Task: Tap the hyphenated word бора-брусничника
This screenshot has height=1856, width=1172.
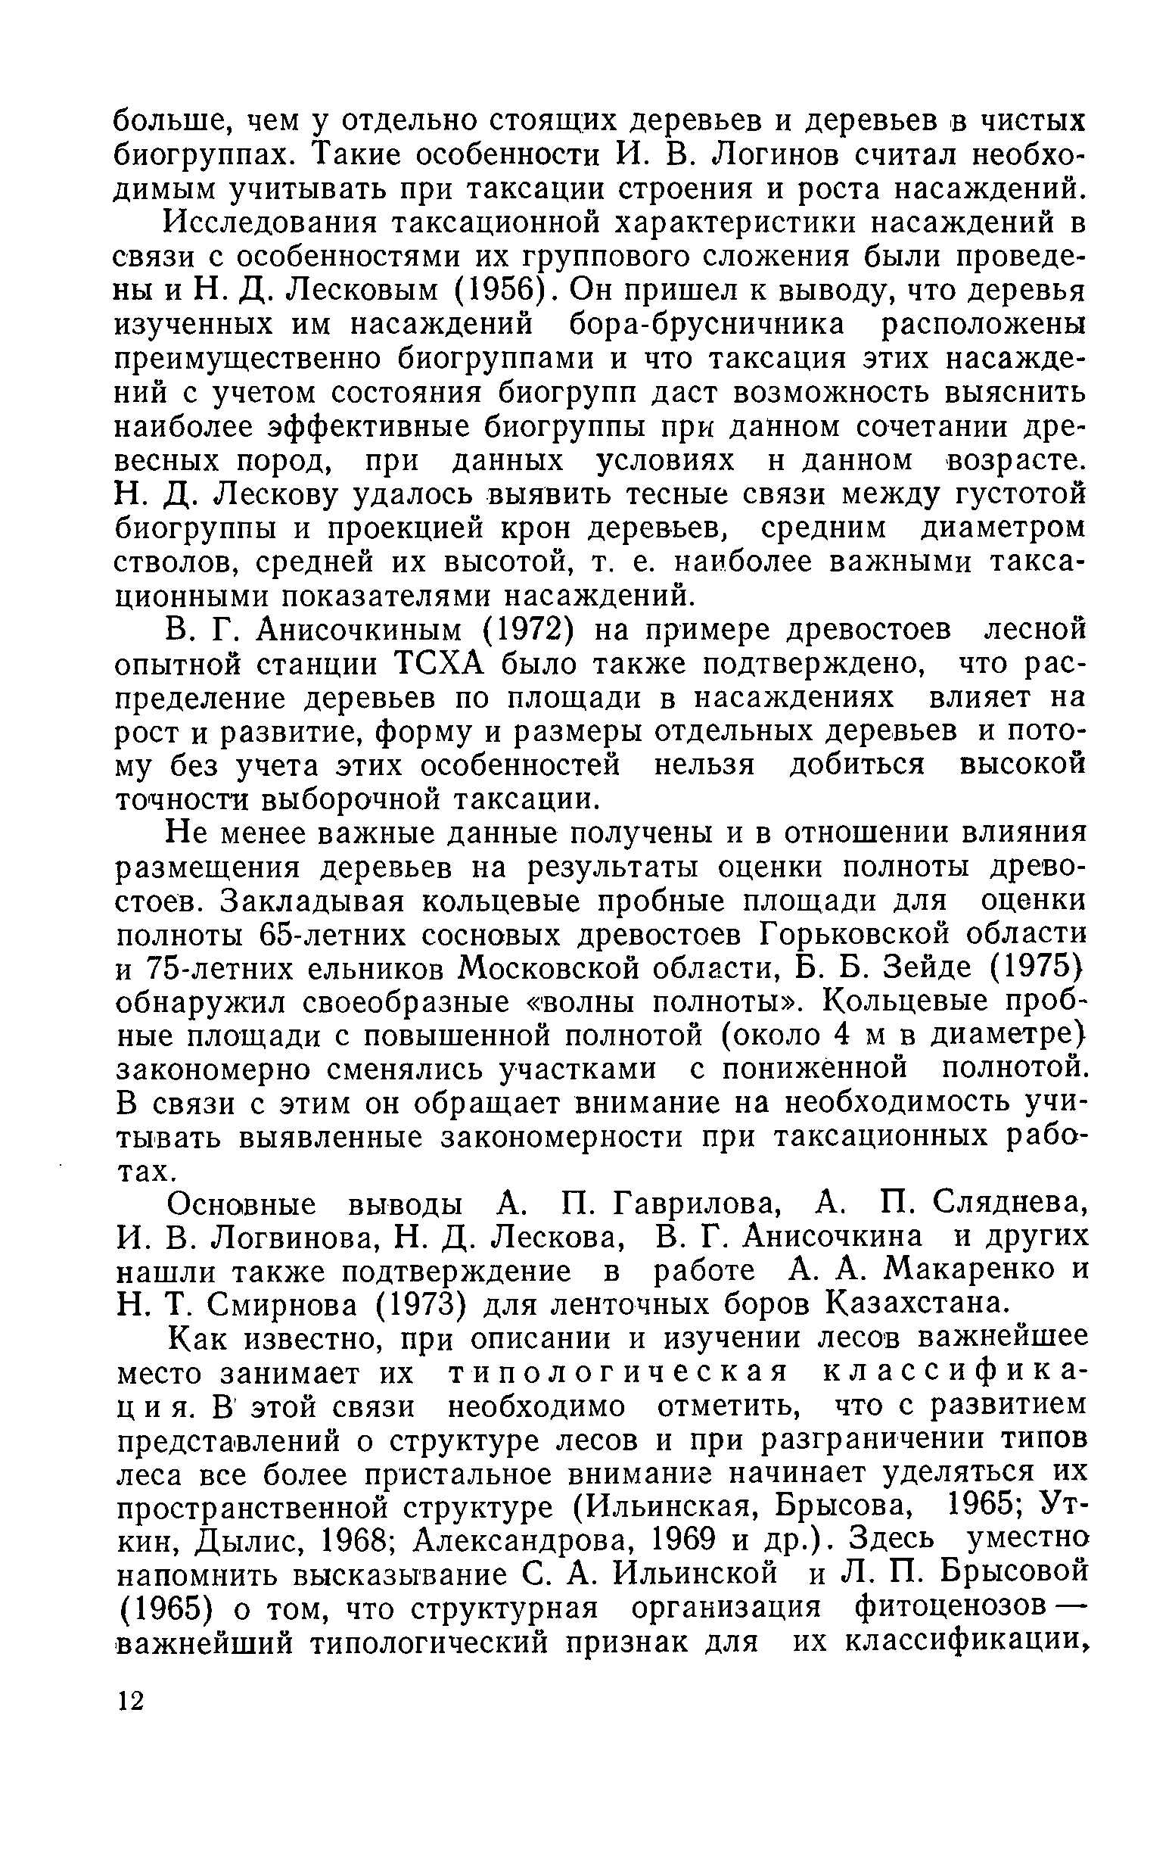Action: [x=706, y=325]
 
